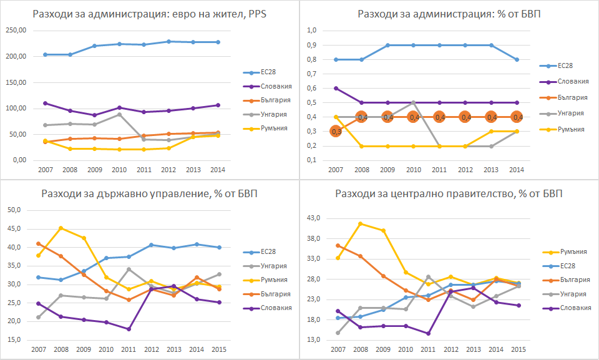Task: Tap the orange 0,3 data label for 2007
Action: point(336,131)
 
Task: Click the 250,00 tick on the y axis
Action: point(15,31)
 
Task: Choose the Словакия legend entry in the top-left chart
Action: point(266,90)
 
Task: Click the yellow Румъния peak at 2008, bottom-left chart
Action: point(62,228)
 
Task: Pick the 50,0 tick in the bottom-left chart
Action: point(14,210)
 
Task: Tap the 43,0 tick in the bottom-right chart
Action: point(313,218)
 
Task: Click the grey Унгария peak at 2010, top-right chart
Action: point(413,102)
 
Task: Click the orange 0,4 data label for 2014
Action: point(517,117)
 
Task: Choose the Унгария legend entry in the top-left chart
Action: point(265,117)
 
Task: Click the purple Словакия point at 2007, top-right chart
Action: point(336,88)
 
